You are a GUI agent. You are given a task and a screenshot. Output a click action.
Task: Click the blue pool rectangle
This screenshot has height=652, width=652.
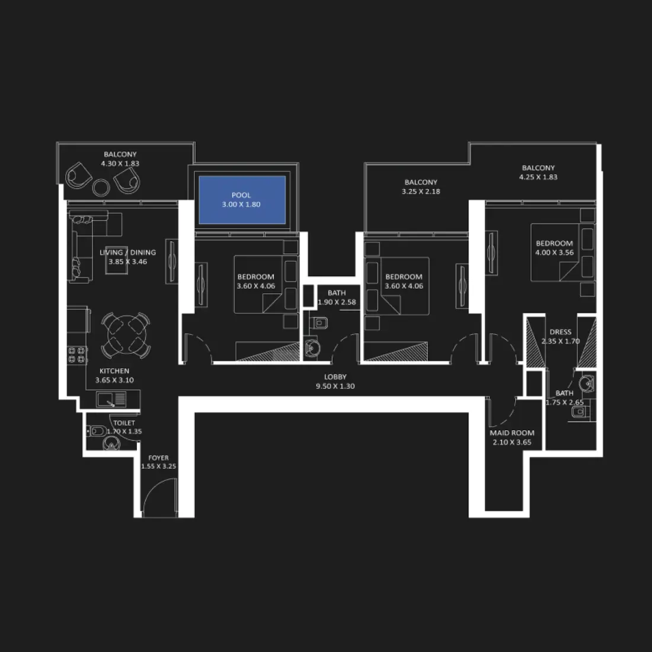[242, 200]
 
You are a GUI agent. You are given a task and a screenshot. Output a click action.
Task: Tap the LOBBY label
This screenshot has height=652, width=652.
[335, 377]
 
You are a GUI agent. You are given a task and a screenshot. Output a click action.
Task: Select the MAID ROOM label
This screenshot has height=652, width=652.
[512, 433]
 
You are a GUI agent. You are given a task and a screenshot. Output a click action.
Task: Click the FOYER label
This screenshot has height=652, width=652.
[158, 458]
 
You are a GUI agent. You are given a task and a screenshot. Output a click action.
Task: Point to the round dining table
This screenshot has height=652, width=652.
[125, 335]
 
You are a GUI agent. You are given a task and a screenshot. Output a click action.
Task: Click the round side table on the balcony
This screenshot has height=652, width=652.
[101, 187]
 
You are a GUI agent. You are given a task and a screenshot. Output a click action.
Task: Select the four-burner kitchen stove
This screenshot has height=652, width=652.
[78, 355]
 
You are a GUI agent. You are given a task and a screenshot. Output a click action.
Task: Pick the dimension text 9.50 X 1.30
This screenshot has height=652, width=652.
[335, 386]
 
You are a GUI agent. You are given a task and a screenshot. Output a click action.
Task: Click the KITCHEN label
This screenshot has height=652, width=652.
[114, 371]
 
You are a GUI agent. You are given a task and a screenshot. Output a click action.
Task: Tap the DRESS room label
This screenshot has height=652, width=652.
[560, 332]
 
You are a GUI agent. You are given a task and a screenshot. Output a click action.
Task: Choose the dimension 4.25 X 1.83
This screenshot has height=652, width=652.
[538, 177]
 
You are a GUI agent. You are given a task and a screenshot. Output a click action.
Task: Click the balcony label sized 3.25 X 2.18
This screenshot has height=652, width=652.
[421, 183]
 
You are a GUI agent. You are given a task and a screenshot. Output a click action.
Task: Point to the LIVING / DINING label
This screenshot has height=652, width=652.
[127, 253]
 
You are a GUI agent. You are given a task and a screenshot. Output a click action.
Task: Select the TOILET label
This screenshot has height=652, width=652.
[124, 423]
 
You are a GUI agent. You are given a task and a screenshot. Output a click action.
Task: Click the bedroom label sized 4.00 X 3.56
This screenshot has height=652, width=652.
[554, 243]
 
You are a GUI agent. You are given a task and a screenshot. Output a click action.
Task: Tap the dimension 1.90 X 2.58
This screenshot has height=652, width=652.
[337, 302]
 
